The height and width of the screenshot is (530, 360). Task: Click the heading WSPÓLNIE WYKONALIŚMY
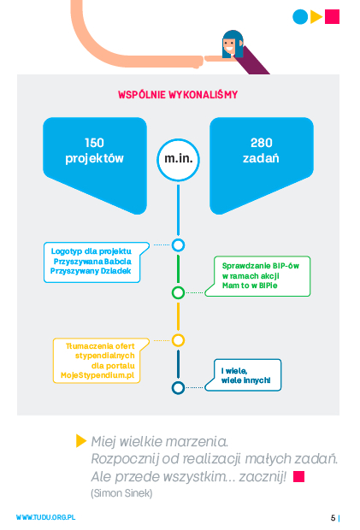pyautogui.click(x=178, y=95)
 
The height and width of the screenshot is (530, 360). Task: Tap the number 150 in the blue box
pyautogui.click(x=94, y=143)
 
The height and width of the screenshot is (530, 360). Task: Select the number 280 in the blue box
pyautogui.click(x=262, y=143)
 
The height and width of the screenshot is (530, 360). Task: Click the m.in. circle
pyautogui.click(x=178, y=160)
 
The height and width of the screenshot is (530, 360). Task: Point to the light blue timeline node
pyautogui.click(x=178, y=245)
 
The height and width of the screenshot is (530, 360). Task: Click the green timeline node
pyautogui.click(x=178, y=292)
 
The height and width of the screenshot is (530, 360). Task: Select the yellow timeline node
pyautogui.click(x=178, y=340)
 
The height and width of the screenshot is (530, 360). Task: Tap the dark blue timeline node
pyautogui.click(x=178, y=388)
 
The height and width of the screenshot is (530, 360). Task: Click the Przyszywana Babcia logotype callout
pyautogui.click(x=97, y=262)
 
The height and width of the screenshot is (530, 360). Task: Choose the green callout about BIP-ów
pyautogui.click(x=257, y=276)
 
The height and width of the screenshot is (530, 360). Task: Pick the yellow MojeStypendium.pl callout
pyautogui.click(x=101, y=361)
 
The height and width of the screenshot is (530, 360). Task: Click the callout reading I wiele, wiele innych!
pyautogui.click(x=243, y=375)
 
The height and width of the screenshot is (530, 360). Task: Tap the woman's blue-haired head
pyautogui.click(x=233, y=44)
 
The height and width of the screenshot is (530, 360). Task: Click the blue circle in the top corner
pyautogui.click(x=300, y=16)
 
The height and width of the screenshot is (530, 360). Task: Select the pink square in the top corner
pyautogui.click(x=332, y=16)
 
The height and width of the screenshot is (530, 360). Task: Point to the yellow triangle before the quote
pyautogui.click(x=80, y=441)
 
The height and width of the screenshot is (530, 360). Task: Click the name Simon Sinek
pyautogui.click(x=121, y=493)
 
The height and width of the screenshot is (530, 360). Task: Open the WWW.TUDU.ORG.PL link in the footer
pyautogui.click(x=45, y=517)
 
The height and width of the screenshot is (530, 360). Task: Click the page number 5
pyautogui.click(x=333, y=518)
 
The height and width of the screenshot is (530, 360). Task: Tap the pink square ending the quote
pyautogui.click(x=298, y=477)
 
